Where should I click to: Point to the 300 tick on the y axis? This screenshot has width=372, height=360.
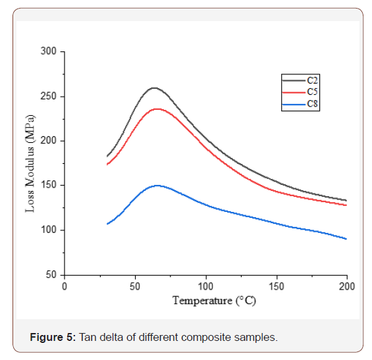50,51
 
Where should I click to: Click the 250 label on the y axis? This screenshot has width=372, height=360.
50,96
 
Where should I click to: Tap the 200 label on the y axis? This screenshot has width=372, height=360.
50,141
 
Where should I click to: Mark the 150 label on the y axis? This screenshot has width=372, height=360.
50,186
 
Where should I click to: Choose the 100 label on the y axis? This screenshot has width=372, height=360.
50,230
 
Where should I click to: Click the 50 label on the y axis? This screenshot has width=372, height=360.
53,275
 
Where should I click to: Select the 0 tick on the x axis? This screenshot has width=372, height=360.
65,286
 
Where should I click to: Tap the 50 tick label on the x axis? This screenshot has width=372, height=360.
135,286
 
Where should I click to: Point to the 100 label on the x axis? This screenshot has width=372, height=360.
205,286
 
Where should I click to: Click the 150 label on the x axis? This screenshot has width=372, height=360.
276,286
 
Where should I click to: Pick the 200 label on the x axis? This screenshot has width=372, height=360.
346,286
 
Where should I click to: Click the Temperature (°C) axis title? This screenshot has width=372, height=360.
214,301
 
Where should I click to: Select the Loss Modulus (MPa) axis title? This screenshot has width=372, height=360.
30,163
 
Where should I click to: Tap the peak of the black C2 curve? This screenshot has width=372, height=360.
154,88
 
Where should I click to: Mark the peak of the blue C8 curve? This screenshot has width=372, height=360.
157,186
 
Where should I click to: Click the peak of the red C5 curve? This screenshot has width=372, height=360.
157,109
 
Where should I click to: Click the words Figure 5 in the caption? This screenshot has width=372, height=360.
53,338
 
